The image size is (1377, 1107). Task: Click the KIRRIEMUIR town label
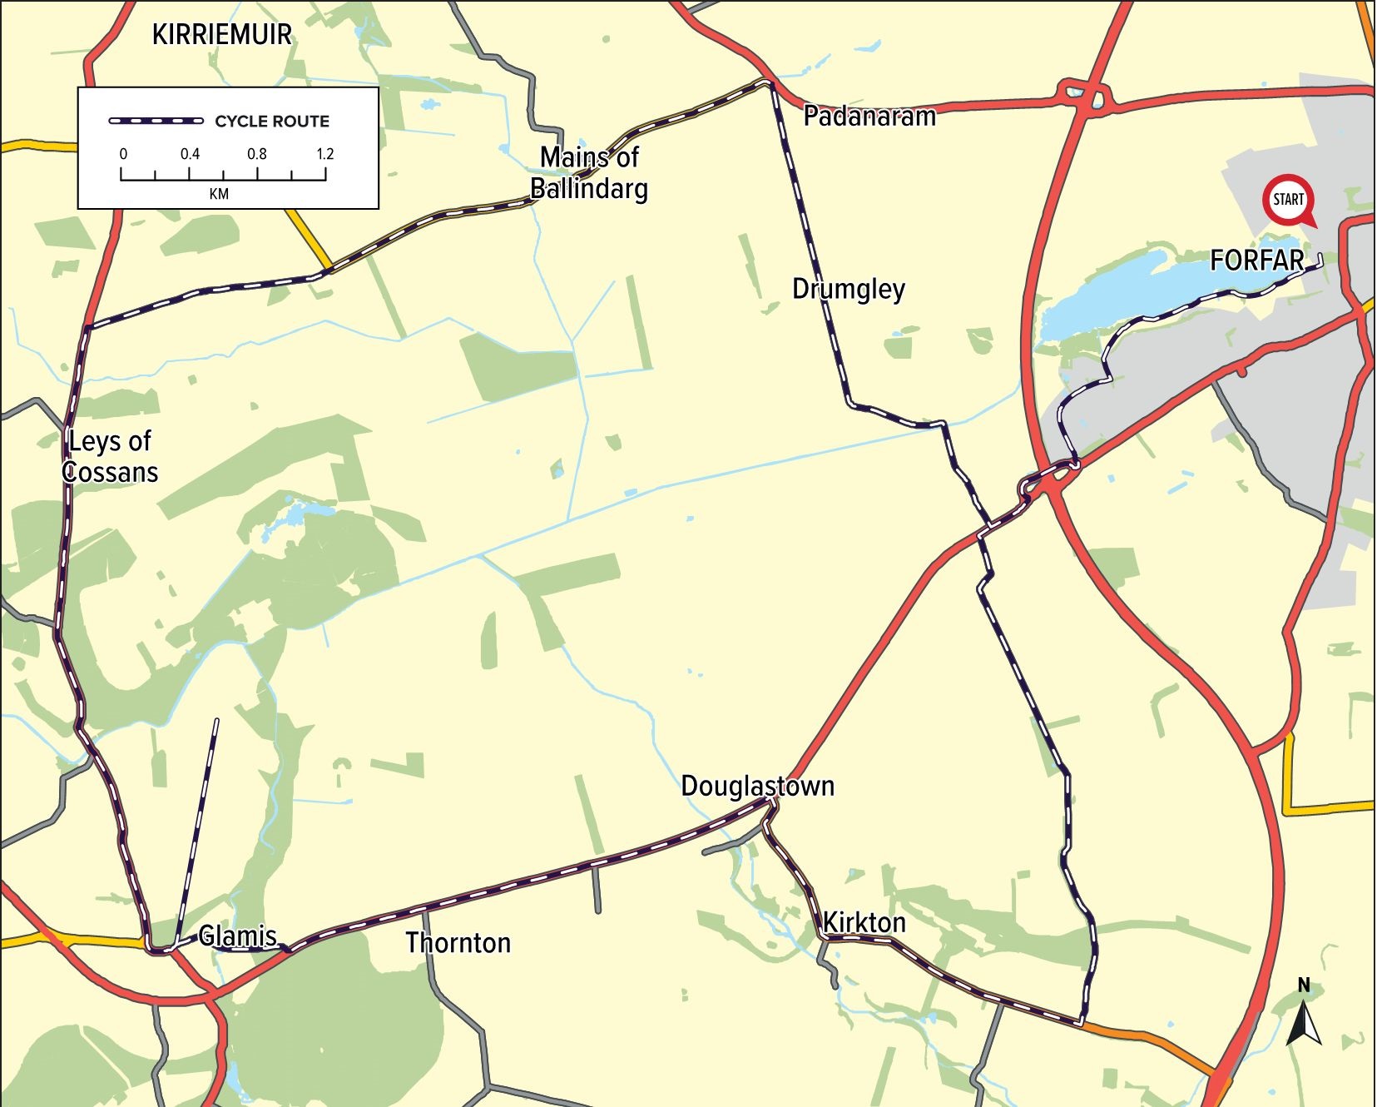click(x=222, y=35)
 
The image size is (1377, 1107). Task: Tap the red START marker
click(x=1288, y=200)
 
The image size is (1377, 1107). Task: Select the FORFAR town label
click(x=1256, y=261)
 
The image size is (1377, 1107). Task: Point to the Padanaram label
click(x=869, y=117)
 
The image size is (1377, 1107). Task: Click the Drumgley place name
click(x=848, y=289)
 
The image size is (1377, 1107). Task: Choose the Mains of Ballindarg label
click(x=589, y=172)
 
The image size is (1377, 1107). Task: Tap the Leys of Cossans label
click(x=110, y=456)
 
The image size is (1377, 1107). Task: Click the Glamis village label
click(x=237, y=936)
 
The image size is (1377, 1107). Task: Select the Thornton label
click(x=458, y=943)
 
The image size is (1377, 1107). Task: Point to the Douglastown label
click(x=757, y=786)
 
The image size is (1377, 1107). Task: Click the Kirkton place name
click(x=864, y=922)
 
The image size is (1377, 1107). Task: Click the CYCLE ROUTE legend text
click(x=272, y=122)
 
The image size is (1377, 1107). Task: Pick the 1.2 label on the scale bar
click(x=324, y=154)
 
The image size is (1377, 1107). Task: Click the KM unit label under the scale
click(x=219, y=194)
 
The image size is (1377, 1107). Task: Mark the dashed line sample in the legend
click(x=156, y=122)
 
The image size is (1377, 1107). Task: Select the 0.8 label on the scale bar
click(x=256, y=154)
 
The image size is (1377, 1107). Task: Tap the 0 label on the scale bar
click(x=123, y=154)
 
